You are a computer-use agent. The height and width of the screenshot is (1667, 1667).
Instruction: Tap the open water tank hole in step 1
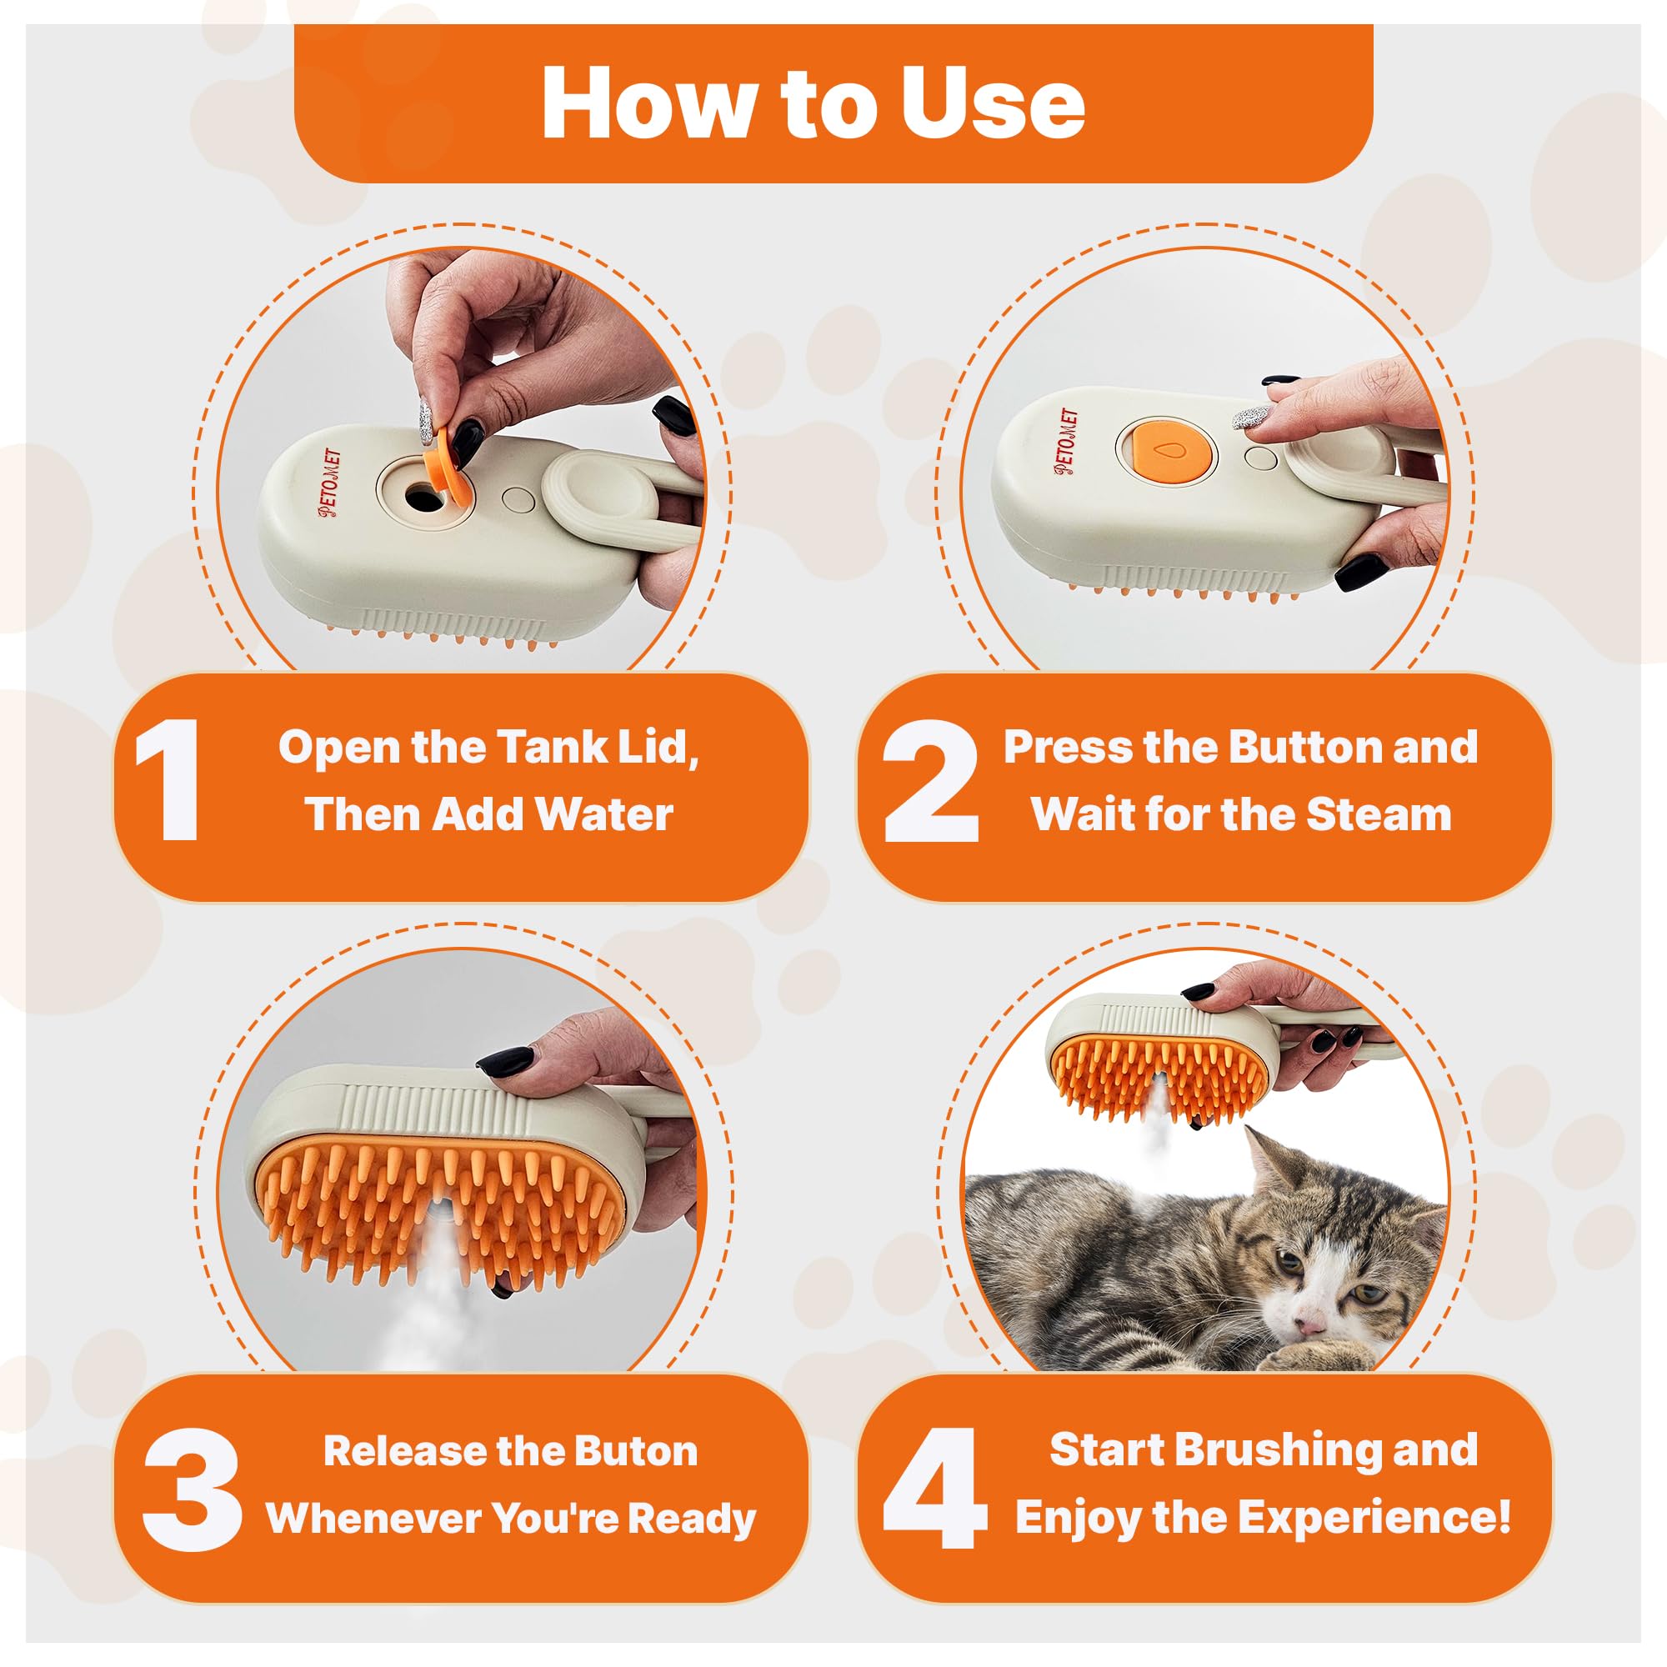click(x=422, y=496)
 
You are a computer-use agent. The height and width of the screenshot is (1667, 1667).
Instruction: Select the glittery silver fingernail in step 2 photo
click(x=1251, y=418)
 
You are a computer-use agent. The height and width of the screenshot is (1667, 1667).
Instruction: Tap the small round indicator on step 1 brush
click(x=518, y=499)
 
